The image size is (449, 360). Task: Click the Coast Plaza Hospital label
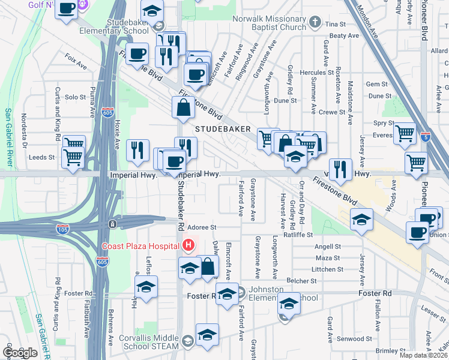point(140,246)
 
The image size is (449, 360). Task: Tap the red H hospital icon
point(189,245)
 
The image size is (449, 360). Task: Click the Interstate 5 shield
point(426,136)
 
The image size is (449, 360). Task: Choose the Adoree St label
point(202,227)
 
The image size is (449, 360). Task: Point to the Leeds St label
point(41,158)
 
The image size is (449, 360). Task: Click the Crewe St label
point(332,112)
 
